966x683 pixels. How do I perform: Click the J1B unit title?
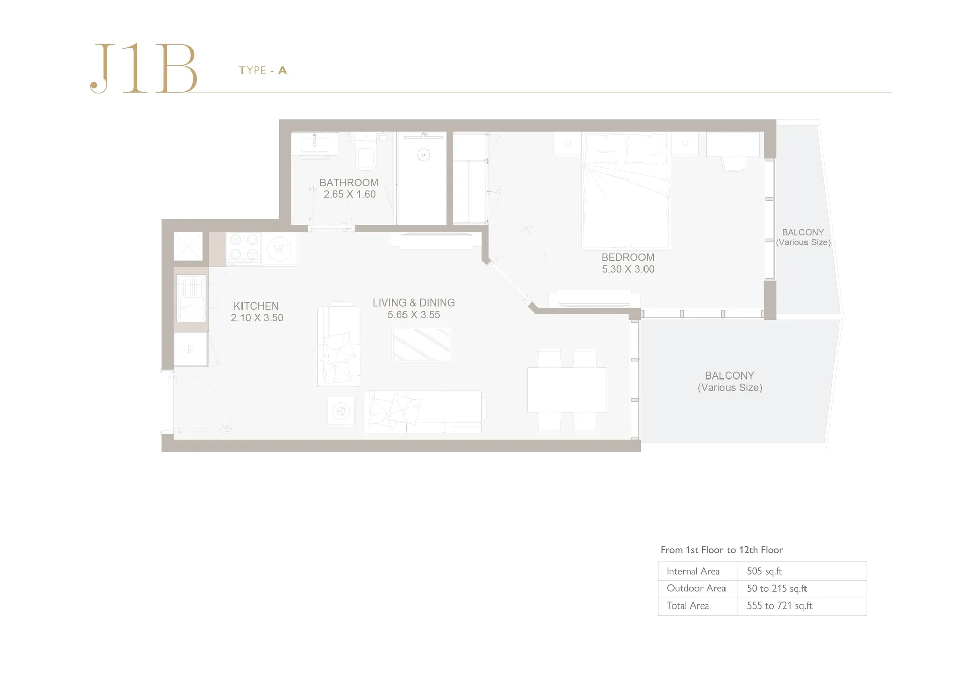144,68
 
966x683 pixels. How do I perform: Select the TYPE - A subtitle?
263,70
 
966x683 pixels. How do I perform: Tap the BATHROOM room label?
349,183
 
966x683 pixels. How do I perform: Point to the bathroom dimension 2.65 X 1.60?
349,194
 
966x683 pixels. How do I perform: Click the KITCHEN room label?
256,306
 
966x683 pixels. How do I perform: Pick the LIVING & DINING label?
414,302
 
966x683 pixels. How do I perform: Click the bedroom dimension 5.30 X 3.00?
628,269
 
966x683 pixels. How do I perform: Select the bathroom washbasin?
314,144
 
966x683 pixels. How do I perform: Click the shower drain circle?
423,155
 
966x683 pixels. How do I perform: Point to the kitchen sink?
191,298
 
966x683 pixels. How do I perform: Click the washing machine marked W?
279,249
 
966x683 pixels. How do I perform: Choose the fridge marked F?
191,349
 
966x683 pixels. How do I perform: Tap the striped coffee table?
422,345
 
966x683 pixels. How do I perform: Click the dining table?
567,390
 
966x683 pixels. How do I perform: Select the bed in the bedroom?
626,190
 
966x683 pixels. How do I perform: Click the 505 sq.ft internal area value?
764,571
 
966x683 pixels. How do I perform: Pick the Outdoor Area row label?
696,588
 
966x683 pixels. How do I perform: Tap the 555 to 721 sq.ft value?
779,605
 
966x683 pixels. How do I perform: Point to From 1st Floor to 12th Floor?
721,550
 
